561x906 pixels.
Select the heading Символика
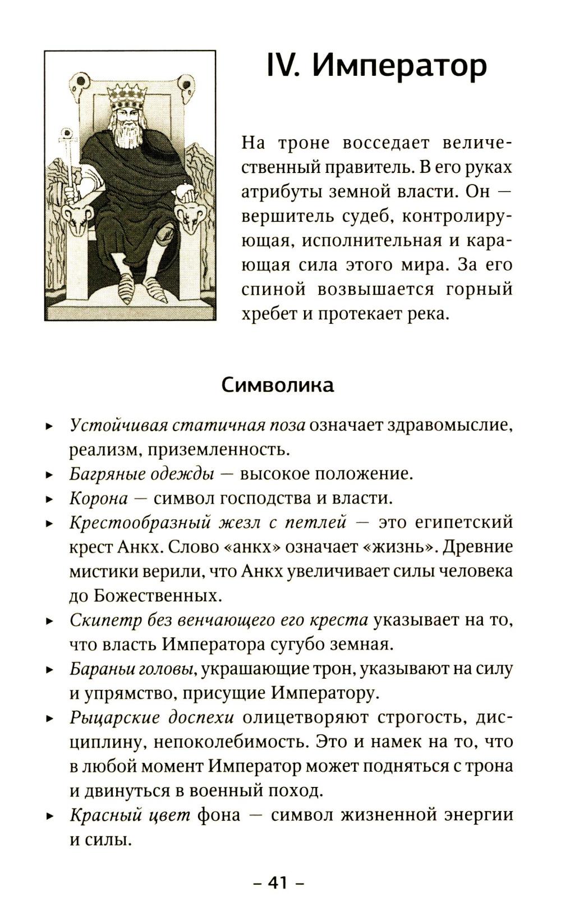278,385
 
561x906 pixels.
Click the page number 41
278,883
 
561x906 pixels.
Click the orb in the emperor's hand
183,191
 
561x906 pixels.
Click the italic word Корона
99,498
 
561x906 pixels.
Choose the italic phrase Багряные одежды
142,474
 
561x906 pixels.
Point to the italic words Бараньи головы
132,669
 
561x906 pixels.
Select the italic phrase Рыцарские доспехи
151,717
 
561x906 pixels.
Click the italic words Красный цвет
130,815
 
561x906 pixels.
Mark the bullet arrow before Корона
49,499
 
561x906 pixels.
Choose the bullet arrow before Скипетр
49,621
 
